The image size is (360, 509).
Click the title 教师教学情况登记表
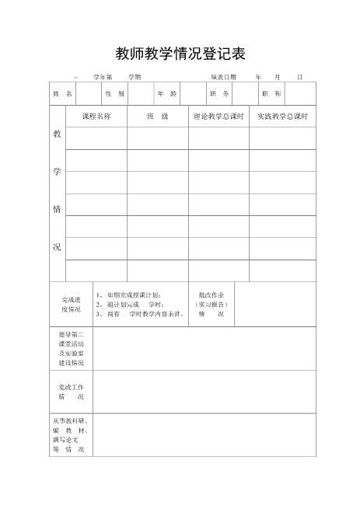[180, 53]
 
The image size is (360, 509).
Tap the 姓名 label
[62, 93]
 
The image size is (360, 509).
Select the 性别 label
[114, 93]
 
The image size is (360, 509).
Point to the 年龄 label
[167, 93]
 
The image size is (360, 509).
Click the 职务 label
[219, 93]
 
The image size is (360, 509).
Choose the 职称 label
[272, 93]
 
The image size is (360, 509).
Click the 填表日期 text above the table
[223, 77]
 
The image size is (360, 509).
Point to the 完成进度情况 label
[71, 304]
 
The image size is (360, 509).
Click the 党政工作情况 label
[71, 392]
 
